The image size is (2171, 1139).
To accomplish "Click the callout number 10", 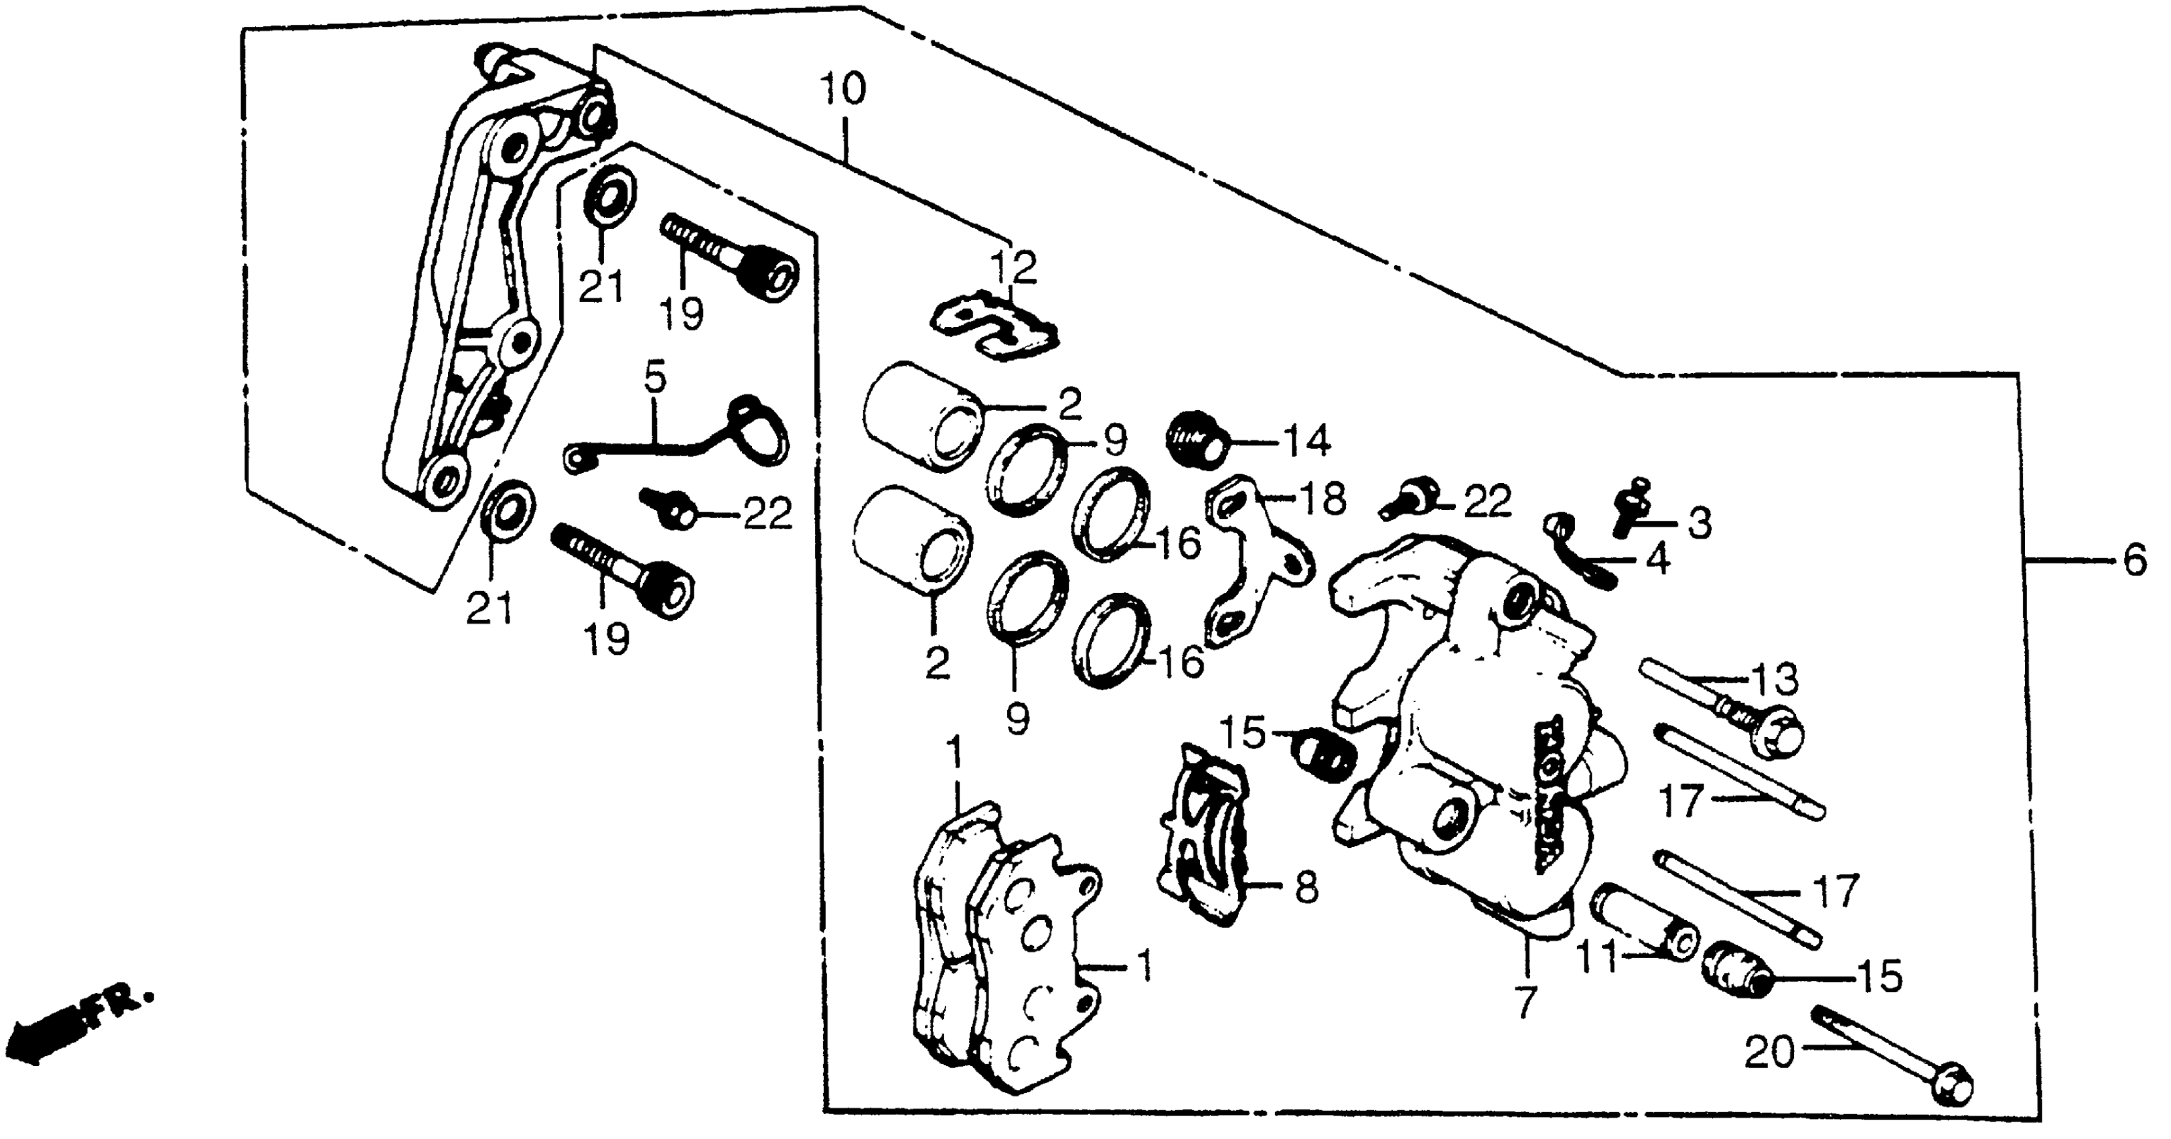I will coord(844,88).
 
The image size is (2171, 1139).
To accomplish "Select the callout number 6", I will coord(2134,560).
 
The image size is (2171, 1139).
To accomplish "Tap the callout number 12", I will coord(1014,267).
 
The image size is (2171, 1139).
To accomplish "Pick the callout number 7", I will coord(1526,1001).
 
